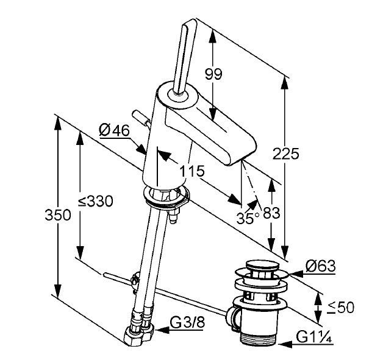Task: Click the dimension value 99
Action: point(213,74)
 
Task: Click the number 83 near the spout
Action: point(272,214)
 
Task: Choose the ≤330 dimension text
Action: point(96,202)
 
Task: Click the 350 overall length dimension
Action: point(58,214)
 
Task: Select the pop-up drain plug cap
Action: point(261,267)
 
